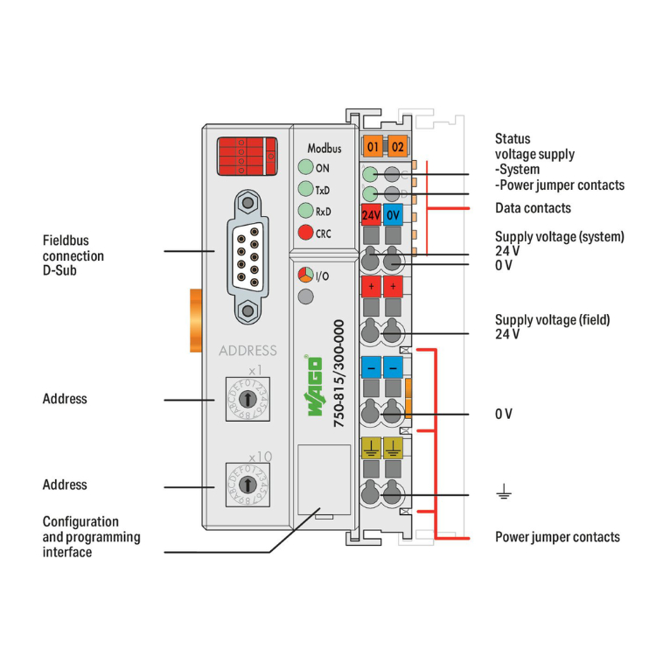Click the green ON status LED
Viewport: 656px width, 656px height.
coord(304,168)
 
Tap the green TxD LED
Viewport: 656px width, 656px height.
coord(304,189)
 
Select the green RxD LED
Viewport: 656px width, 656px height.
coord(304,211)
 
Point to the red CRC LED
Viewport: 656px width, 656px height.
coord(304,233)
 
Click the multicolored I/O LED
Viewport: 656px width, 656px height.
coord(304,276)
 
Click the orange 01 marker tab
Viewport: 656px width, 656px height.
coord(372,146)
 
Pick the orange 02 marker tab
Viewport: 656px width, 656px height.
coord(397,146)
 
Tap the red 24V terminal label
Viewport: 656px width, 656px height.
coord(371,215)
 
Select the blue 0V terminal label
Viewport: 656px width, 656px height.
coord(394,215)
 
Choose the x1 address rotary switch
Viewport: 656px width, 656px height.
coord(248,399)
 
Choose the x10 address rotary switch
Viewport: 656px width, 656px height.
coord(248,484)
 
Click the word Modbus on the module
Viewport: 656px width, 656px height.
coord(324,148)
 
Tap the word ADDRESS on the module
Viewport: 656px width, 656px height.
coord(248,351)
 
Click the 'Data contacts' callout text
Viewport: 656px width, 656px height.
coord(533,208)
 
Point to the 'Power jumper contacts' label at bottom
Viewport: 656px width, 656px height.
coord(557,536)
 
